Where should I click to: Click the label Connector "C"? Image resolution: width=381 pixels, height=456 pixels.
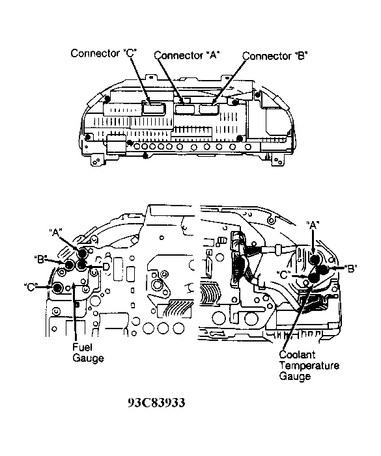(x=104, y=53)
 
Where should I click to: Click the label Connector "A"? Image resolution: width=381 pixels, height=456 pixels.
(x=186, y=55)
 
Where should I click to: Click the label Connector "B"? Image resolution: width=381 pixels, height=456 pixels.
(x=275, y=56)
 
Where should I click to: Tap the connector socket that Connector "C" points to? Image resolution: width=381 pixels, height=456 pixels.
(x=153, y=108)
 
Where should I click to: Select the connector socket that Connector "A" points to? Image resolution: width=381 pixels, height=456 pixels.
(x=185, y=109)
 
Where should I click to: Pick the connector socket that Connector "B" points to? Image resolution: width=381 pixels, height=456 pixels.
(x=208, y=110)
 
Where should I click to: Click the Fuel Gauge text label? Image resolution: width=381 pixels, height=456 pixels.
(x=88, y=353)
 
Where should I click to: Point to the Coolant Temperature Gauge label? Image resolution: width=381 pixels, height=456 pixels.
(x=309, y=366)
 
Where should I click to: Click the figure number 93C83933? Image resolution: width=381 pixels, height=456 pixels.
(x=156, y=403)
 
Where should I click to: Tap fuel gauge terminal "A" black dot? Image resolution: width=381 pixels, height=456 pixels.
(x=82, y=254)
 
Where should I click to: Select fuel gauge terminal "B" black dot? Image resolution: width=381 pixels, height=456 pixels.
(x=69, y=264)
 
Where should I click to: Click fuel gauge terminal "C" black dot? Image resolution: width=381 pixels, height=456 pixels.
(x=57, y=288)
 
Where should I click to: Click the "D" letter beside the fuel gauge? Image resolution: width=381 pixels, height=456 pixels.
(x=106, y=266)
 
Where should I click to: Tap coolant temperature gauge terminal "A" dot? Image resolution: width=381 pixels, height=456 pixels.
(x=315, y=260)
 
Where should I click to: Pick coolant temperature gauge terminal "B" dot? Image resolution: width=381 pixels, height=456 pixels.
(x=323, y=269)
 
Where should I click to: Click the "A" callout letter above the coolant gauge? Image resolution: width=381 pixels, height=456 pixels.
(x=313, y=225)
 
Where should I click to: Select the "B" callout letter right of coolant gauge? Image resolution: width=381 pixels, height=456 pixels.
(x=350, y=269)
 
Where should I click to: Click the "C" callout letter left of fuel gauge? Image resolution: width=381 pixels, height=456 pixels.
(x=31, y=287)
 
